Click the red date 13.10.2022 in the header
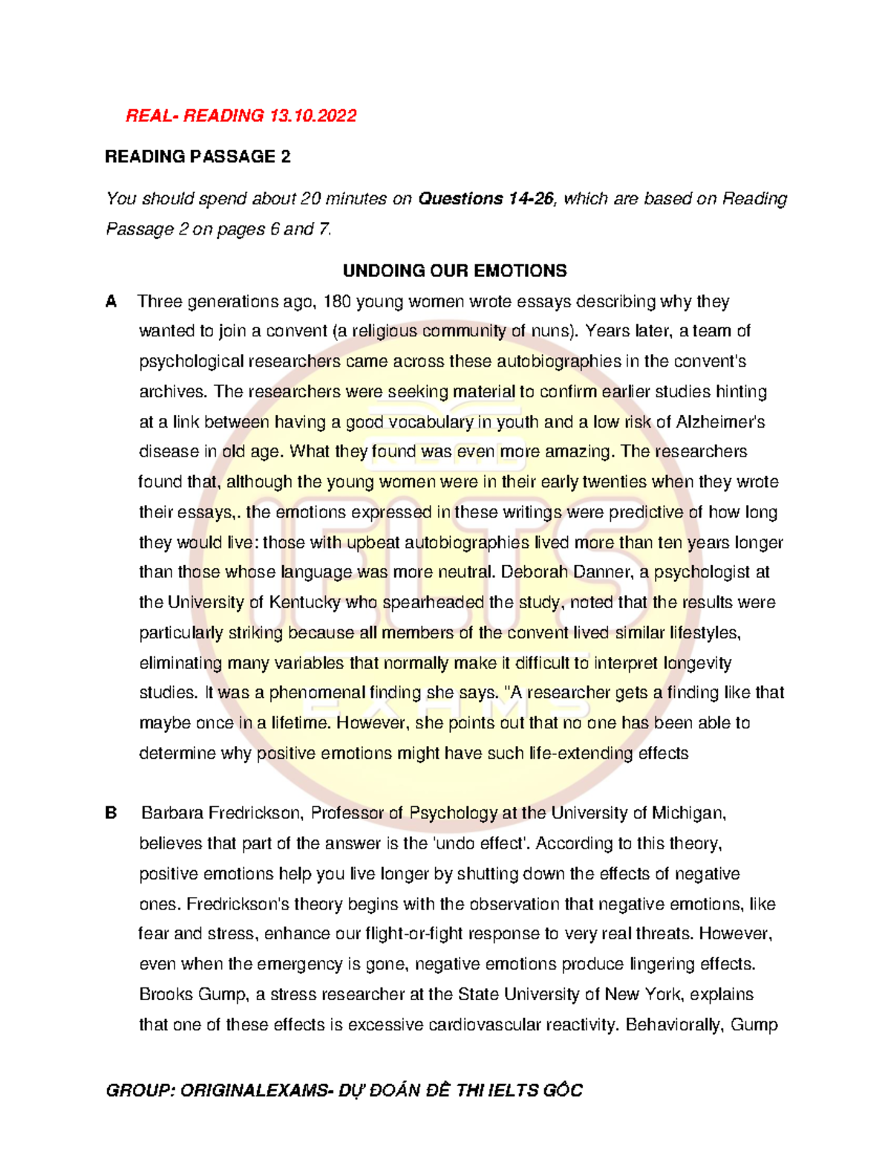(313, 116)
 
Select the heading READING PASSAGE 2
(198, 157)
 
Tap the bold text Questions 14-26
(486, 199)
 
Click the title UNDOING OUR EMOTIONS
(454, 271)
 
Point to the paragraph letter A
(111, 301)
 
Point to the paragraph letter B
(111, 813)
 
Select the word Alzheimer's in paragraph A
(720, 422)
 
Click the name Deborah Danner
(558, 572)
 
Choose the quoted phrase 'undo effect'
(481, 843)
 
